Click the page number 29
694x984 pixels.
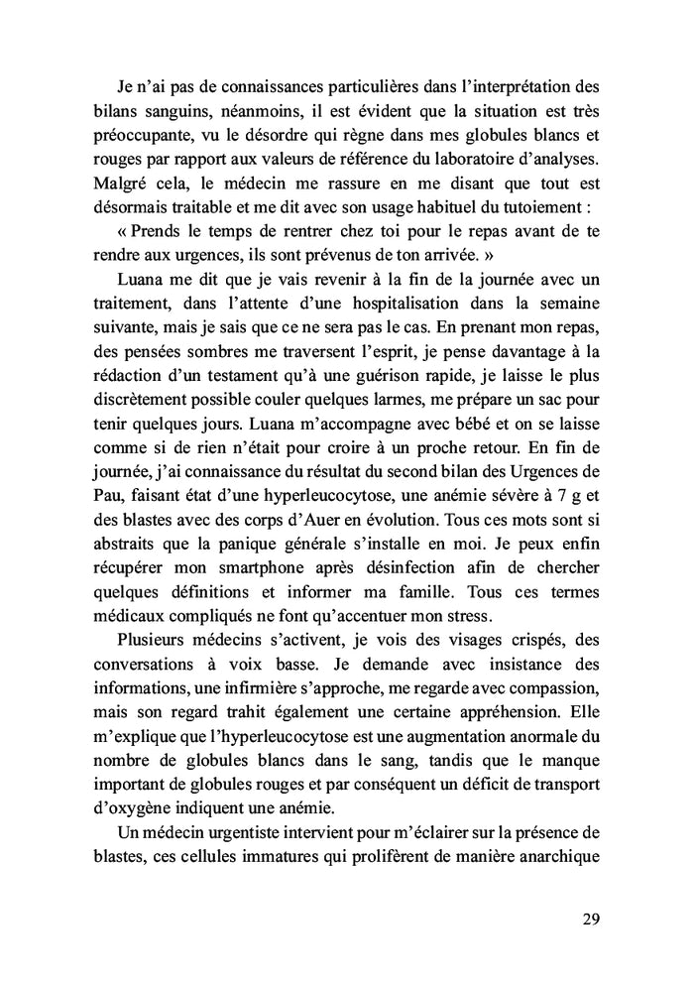click(590, 918)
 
